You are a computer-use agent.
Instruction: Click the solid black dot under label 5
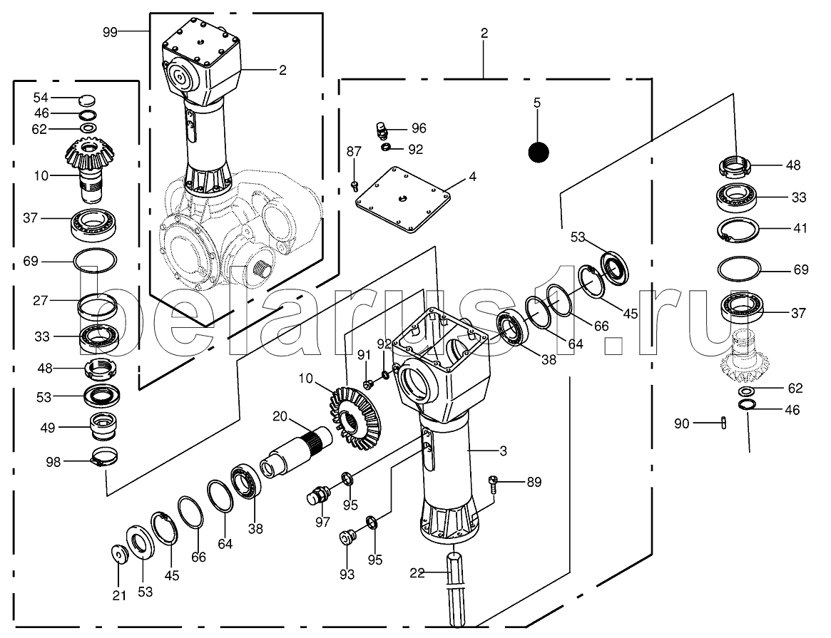coord(539,153)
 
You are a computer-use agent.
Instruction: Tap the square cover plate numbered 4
coord(403,200)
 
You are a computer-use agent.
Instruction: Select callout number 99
coord(110,32)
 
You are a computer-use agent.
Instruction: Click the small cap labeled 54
coord(86,99)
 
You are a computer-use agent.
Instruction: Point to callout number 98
coord(53,462)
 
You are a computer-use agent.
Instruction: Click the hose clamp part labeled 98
coord(104,457)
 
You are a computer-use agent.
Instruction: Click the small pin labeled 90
coord(724,423)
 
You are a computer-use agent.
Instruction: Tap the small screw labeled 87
coord(355,186)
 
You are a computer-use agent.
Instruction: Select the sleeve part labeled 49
coord(103,426)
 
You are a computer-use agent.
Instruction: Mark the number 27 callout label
coord(40,301)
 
